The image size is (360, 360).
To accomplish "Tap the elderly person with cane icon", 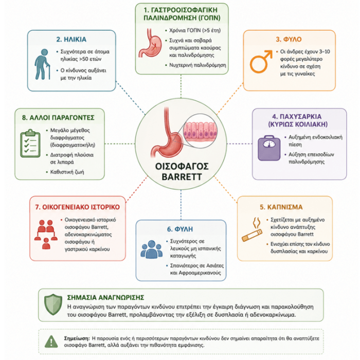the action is (43, 64).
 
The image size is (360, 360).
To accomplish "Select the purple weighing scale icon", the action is (269, 148).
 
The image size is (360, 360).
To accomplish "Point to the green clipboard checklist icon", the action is (30, 143).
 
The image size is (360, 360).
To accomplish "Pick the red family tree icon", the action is (46, 234).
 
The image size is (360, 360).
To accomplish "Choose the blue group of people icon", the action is (152, 249).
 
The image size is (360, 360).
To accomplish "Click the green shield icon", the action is (53, 304).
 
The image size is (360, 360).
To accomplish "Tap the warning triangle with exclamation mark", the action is (51, 341).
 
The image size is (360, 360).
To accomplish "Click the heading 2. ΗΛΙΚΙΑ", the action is (71, 40).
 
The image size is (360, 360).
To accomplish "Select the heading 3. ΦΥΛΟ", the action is (289, 39).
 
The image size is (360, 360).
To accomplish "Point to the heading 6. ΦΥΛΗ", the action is (180, 229).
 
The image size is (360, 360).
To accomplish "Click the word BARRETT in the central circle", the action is (182, 177).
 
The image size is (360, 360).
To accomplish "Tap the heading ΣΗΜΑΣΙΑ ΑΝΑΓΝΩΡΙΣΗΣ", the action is (105, 298).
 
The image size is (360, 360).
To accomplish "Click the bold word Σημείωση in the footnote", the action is (77, 338).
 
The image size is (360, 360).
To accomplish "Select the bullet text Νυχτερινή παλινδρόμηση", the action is (197, 65).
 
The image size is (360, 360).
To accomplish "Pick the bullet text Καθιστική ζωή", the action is (67, 172).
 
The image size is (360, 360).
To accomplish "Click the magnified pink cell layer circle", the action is (200, 131).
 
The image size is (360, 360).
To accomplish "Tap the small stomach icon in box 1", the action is (150, 43).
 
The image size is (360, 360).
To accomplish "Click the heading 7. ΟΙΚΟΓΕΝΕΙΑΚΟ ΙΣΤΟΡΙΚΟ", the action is (78, 207).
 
